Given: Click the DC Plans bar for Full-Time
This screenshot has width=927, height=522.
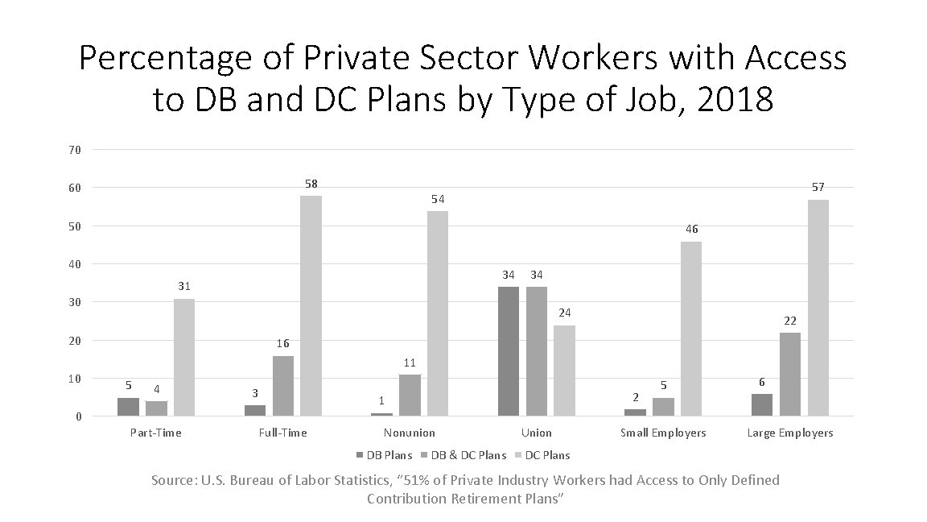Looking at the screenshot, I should click(311, 306).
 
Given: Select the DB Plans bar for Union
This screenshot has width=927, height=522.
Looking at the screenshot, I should click(509, 351).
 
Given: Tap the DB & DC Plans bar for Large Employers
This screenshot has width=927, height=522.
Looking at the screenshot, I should click(789, 374).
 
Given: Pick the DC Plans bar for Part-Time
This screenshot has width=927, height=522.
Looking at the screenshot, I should click(183, 357).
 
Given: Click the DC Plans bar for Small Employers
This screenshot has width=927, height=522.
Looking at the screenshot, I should click(690, 329).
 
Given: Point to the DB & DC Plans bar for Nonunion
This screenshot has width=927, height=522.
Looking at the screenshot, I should click(410, 395).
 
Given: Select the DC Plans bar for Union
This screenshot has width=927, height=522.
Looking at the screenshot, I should click(564, 371).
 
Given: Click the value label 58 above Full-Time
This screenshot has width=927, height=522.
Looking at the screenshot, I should click(311, 184).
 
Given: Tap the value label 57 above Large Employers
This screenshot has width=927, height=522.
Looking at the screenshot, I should click(818, 187).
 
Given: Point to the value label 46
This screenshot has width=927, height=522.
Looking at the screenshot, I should click(691, 230).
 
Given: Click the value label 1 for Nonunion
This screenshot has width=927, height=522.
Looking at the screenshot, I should click(381, 400).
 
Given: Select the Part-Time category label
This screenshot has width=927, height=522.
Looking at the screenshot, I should click(155, 433).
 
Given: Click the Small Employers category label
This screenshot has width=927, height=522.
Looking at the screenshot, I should click(663, 433).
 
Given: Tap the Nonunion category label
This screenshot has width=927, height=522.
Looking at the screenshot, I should click(410, 433).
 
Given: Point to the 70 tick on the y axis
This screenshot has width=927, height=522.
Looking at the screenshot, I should click(75, 149).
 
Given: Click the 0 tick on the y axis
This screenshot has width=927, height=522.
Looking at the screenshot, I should click(77, 416).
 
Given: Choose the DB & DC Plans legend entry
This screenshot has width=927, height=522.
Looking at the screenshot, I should click(468, 455).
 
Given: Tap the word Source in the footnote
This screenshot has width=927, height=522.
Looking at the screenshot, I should click(172, 480).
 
